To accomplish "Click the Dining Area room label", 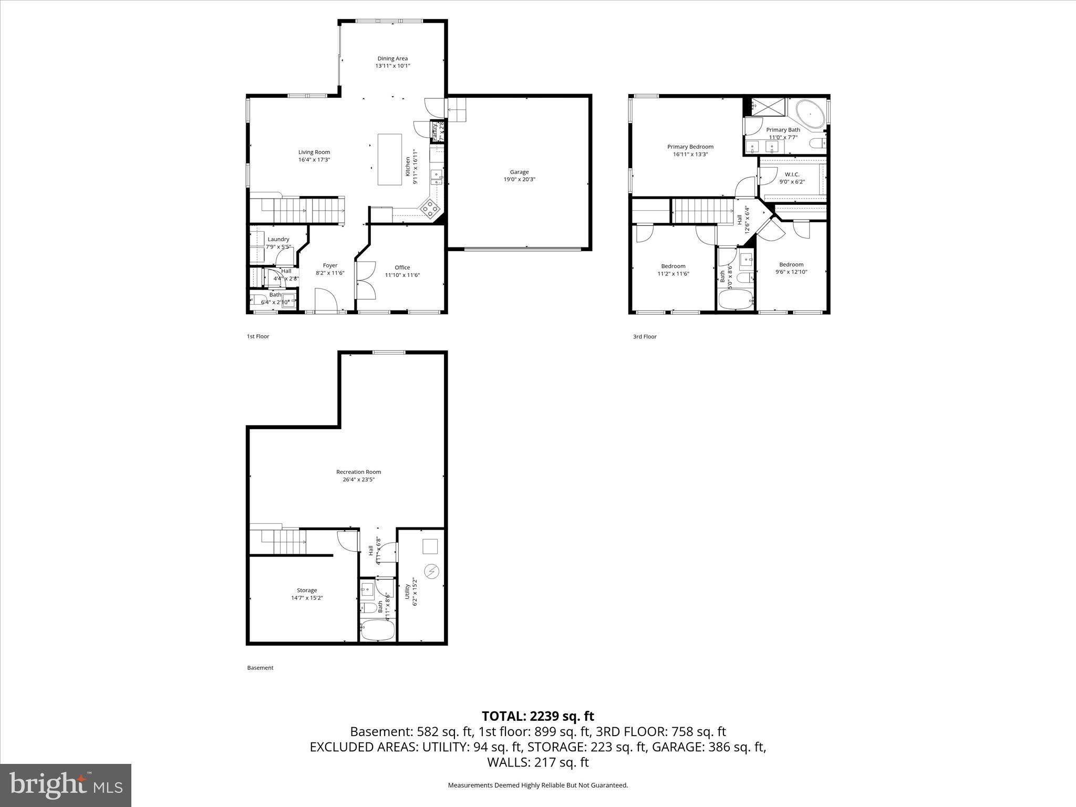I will point(392,58).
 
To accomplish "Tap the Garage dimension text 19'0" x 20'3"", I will point(519,179).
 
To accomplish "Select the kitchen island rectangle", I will point(390,159).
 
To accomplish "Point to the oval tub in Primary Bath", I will point(810,114).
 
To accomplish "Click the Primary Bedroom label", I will point(690,147).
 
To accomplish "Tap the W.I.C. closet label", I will point(792,174).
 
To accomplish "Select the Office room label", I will point(402,267).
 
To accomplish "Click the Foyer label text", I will point(330,265).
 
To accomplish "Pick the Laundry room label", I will point(278,239).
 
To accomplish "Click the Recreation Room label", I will point(358,472).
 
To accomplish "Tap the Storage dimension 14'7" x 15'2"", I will point(307,598).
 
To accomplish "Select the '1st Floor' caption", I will point(258,336).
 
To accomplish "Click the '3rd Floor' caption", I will point(645,336).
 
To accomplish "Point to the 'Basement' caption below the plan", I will point(260,668).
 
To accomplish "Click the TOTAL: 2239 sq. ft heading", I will point(537,716).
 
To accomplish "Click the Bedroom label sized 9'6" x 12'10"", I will point(791,264).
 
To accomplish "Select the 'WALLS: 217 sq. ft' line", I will point(537,762).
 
